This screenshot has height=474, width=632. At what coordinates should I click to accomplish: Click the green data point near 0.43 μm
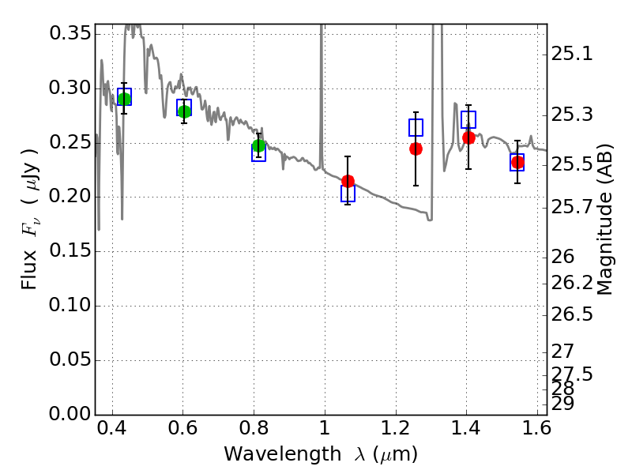124,99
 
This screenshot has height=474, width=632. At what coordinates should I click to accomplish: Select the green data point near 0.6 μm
184,111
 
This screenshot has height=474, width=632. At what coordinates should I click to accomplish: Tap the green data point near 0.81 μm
258,146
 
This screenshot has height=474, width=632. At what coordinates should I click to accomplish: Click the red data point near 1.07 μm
348,181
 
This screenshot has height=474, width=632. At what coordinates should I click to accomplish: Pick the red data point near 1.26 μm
416,149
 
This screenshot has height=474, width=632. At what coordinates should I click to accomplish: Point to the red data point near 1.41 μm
468,137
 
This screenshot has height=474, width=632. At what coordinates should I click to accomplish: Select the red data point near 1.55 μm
517,163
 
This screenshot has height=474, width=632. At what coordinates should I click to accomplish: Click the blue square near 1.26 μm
416,127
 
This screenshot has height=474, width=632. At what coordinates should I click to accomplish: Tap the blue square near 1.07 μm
348,193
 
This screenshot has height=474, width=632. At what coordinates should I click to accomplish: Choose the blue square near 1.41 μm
468,119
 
